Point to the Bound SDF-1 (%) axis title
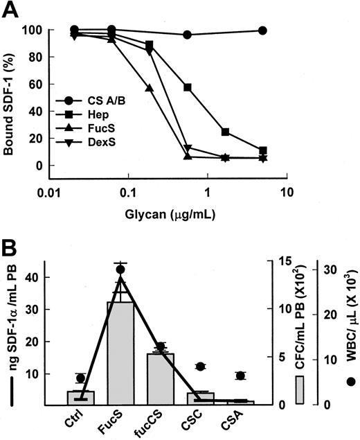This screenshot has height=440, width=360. tap(12, 98)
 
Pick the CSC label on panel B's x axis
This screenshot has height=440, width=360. tap(201, 418)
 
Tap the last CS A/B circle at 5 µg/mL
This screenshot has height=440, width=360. tap(282, 30)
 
